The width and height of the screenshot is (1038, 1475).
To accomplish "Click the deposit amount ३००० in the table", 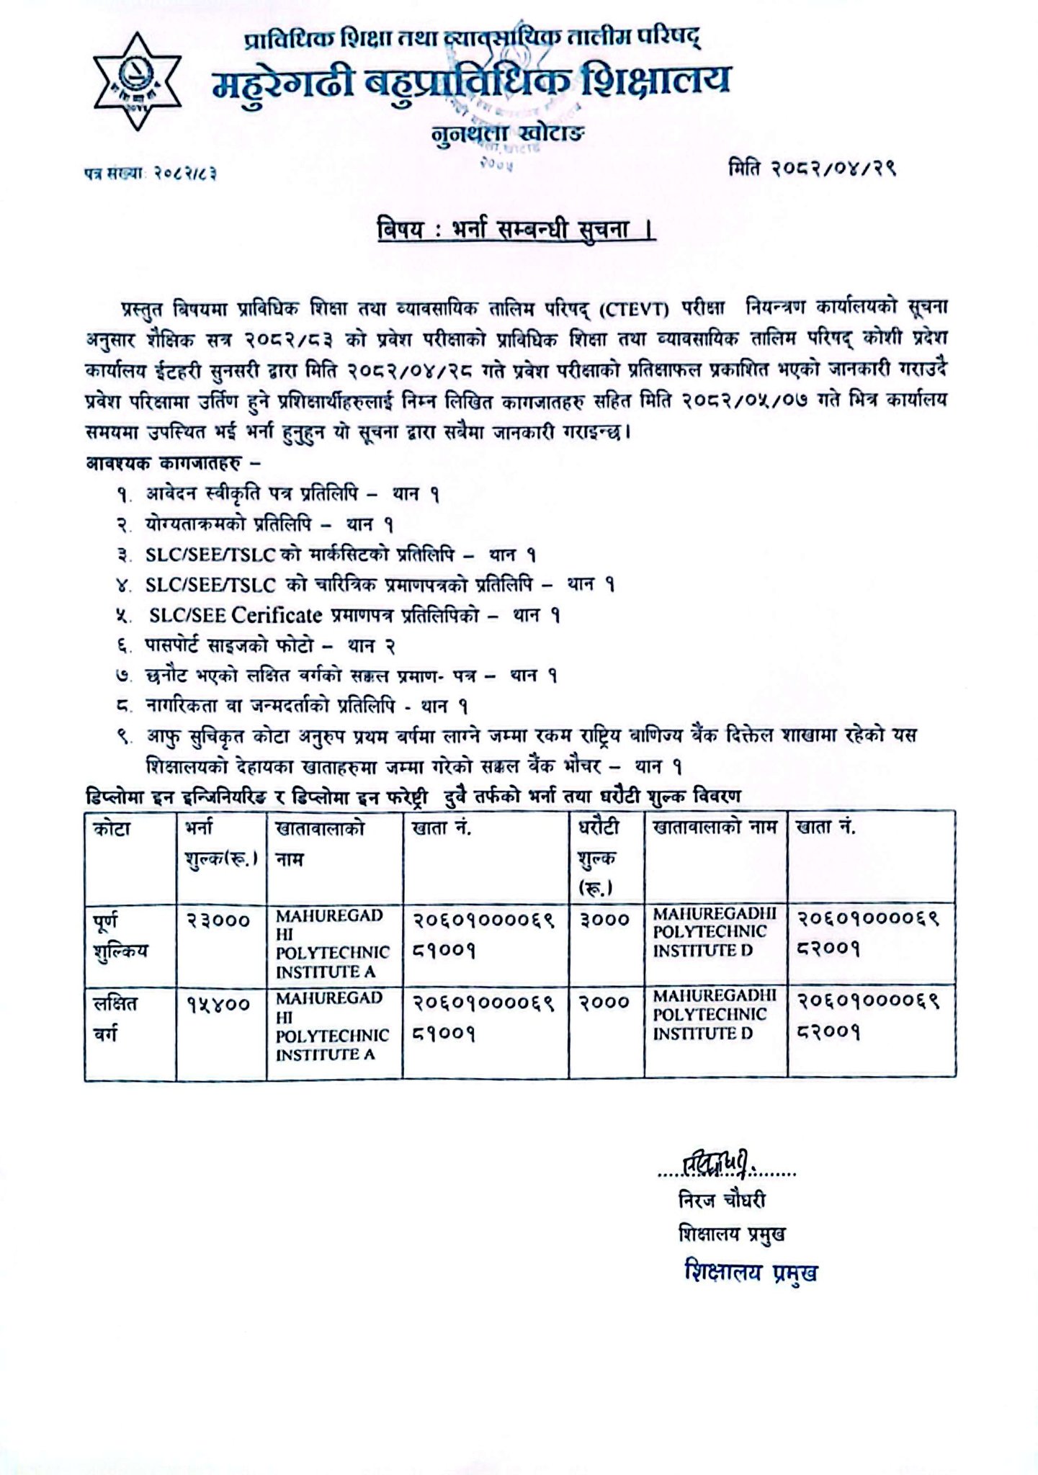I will [x=604, y=920].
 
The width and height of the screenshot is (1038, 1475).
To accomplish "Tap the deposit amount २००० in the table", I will [x=604, y=1003].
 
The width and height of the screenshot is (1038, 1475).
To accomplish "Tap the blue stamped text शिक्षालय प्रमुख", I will [x=751, y=1273].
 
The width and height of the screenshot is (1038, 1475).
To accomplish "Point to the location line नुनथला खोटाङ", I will [x=508, y=135].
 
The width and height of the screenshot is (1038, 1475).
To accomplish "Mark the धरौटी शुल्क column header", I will [x=598, y=857].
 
